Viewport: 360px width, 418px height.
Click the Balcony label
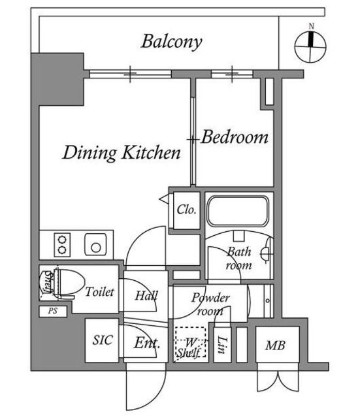(x=172, y=42)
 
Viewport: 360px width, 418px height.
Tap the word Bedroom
(x=235, y=137)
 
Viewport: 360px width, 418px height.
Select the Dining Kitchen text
(x=122, y=152)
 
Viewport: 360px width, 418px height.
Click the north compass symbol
(x=310, y=47)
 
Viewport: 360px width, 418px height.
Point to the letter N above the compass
(x=311, y=26)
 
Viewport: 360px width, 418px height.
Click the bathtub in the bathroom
(x=238, y=211)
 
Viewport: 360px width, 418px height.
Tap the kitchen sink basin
(x=96, y=245)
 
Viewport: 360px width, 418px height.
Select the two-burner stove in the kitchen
(x=62, y=245)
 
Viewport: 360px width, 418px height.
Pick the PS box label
(x=53, y=311)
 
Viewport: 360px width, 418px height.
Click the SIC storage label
(x=103, y=340)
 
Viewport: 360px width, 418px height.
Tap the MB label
(x=275, y=346)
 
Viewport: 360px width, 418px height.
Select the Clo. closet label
(x=186, y=210)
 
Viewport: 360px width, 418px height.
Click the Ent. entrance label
(x=147, y=343)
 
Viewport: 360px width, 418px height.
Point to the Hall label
(x=146, y=295)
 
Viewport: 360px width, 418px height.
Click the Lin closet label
(x=222, y=345)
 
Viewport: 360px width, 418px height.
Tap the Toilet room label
(x=99, y=292)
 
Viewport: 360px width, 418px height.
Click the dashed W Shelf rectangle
(x=190, y=342)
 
